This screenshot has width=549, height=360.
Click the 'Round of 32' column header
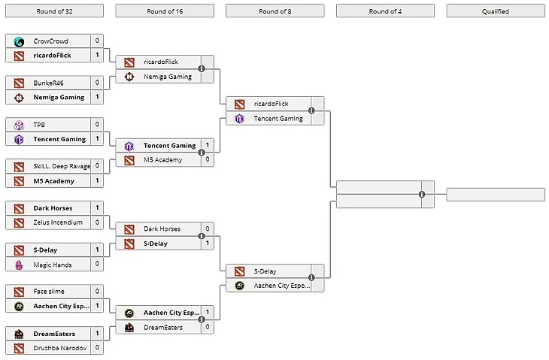[54, 11]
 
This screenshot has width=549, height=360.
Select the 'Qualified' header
[495, 11]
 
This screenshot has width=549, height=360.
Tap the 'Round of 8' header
[274, 11]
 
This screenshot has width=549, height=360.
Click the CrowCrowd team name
[50, 41]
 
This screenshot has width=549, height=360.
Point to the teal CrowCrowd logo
[19, 41]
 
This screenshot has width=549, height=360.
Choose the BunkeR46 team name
[49, 82]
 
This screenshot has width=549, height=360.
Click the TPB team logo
[19, 124]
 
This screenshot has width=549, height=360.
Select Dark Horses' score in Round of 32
[97, 207]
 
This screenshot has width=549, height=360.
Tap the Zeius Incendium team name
[58, 222]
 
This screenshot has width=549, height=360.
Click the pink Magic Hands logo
[19, 265]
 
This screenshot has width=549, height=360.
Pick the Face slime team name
[50, 291]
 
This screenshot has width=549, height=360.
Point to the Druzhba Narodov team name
[60, 348]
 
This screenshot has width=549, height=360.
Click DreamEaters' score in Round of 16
[208, 328]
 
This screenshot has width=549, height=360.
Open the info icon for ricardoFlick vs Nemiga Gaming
[202, 69]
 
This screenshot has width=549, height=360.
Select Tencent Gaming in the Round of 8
[278, 119]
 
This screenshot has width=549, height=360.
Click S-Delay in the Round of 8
[266, 271]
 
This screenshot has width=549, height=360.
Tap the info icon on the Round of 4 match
[422, 195]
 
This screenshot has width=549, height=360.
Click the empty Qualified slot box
[495, 195]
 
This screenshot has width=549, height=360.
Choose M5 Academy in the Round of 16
[162, 160]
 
